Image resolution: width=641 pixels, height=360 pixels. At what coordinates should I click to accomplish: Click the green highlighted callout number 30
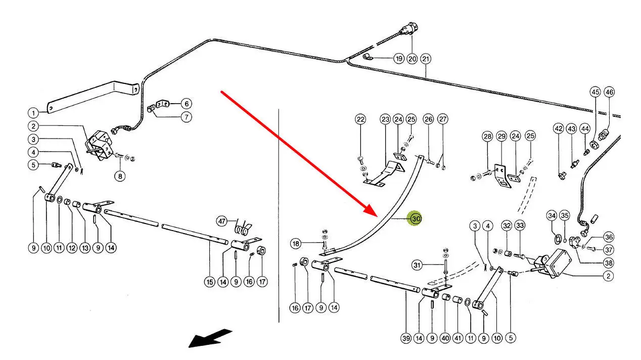tap(416, 218)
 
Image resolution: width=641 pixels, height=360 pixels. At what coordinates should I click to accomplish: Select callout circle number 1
tap(33, 113)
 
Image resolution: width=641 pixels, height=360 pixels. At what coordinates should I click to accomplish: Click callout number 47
tap(221, 221)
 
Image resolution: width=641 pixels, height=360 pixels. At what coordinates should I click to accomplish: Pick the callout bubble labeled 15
tap(210, 282)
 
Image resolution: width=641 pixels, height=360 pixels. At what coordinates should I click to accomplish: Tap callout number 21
tap(426, 59)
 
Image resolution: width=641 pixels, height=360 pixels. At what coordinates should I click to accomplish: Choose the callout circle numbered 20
tap(412, 59)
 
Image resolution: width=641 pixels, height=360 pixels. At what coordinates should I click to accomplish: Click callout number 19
tap(399, 59)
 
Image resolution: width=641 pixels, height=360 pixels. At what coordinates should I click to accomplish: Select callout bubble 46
tap(609, 92)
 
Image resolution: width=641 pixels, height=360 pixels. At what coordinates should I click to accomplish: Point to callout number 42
tap(558, 128)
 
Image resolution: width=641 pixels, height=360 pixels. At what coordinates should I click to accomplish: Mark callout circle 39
tap(406, 338)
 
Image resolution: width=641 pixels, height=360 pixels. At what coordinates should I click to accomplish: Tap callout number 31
tap(417, 264)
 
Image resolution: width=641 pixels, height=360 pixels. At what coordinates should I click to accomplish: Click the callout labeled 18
tap(296, 244)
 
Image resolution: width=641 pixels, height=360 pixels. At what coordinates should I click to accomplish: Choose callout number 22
tap(360, 119)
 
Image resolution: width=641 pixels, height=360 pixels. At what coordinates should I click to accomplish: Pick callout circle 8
tap(120, 176)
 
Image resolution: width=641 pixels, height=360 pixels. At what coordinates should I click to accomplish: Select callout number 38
tap(609, 262)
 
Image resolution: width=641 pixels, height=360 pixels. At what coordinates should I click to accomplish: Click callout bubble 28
tap(487, 137)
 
